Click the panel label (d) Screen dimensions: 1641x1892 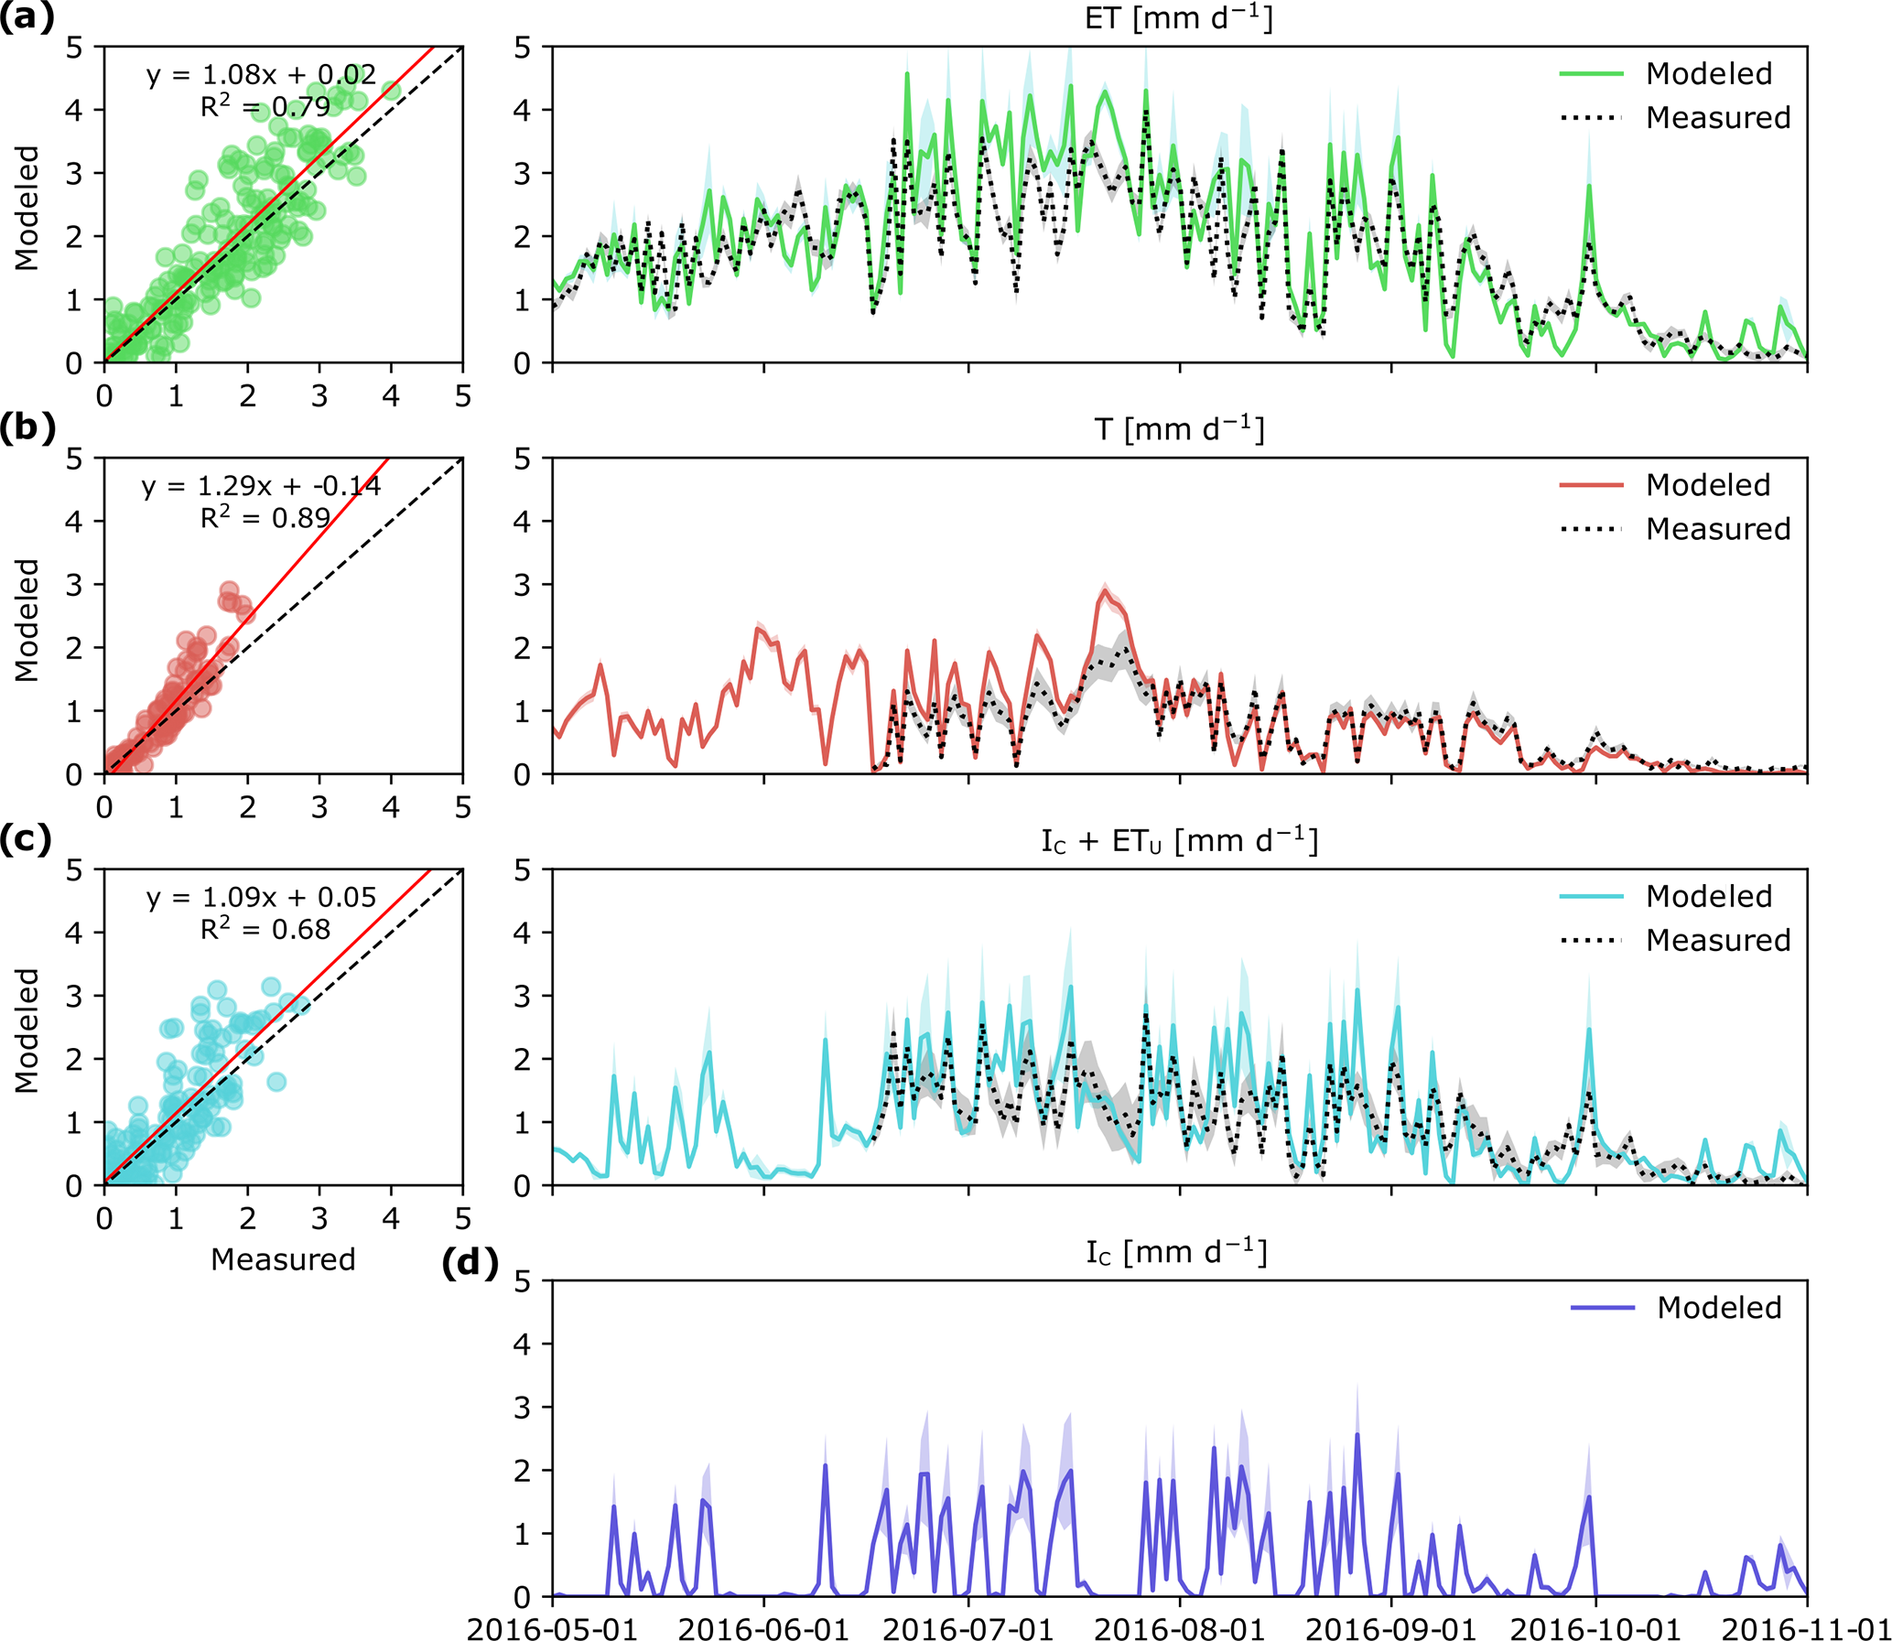[x=470, y=1263]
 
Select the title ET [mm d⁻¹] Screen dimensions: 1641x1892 [x=1179, y=18]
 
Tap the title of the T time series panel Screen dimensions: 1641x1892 [x=1179, y=429]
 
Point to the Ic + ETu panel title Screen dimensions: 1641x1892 [x=1179, y=841]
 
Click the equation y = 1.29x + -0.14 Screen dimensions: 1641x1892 [x=261, y=486]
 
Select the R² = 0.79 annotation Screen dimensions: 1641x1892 [x=265, y=107]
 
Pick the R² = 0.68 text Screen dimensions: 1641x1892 [x=265, y=930]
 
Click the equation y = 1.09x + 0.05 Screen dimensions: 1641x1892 [x=261, y=898]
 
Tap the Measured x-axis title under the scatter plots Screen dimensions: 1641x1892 [x=283, y=1259]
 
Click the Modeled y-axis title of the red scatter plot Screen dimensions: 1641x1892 [x=27, y=620]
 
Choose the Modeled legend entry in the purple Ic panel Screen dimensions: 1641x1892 [x=1718, y=1308]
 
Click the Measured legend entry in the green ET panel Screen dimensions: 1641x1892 [x=1717, y=117]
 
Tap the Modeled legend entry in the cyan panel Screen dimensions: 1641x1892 [x=1708, y=896]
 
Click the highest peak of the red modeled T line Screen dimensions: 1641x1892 [x=1107, y=590]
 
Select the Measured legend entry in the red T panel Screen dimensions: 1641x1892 [x=1717, y=528]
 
